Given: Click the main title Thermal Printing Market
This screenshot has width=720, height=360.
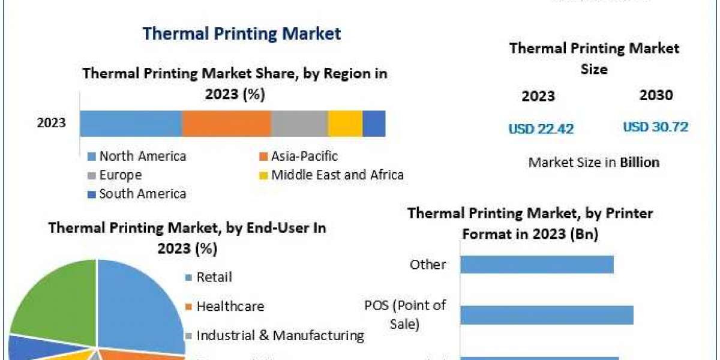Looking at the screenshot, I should click(x=241, y=33).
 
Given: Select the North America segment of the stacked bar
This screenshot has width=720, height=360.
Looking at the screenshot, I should click(x=131, y=124).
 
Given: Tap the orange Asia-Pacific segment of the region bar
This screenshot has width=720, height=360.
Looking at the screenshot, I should click(x=226, y=124).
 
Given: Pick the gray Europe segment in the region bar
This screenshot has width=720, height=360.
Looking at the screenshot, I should click(x=299, y=124).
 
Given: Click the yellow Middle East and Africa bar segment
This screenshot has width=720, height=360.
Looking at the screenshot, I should click(x=345, y=124).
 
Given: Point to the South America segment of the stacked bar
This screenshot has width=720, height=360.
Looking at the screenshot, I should click(x=374, y=124).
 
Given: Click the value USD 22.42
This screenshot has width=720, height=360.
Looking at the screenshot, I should click(x=541, y=128).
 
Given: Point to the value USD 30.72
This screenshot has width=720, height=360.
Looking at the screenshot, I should click(x=655, y=127).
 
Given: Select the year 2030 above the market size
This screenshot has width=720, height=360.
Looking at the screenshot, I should click(x=656, y=95).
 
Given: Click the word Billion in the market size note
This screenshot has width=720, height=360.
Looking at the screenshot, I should click(x=640, y=162).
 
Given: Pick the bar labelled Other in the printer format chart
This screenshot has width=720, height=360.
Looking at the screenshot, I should click(x=537, y=265).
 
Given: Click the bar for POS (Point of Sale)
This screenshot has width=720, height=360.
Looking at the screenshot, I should click(x=547, y=315).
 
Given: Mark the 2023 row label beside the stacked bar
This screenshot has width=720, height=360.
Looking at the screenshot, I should click(x=52, y=124).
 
